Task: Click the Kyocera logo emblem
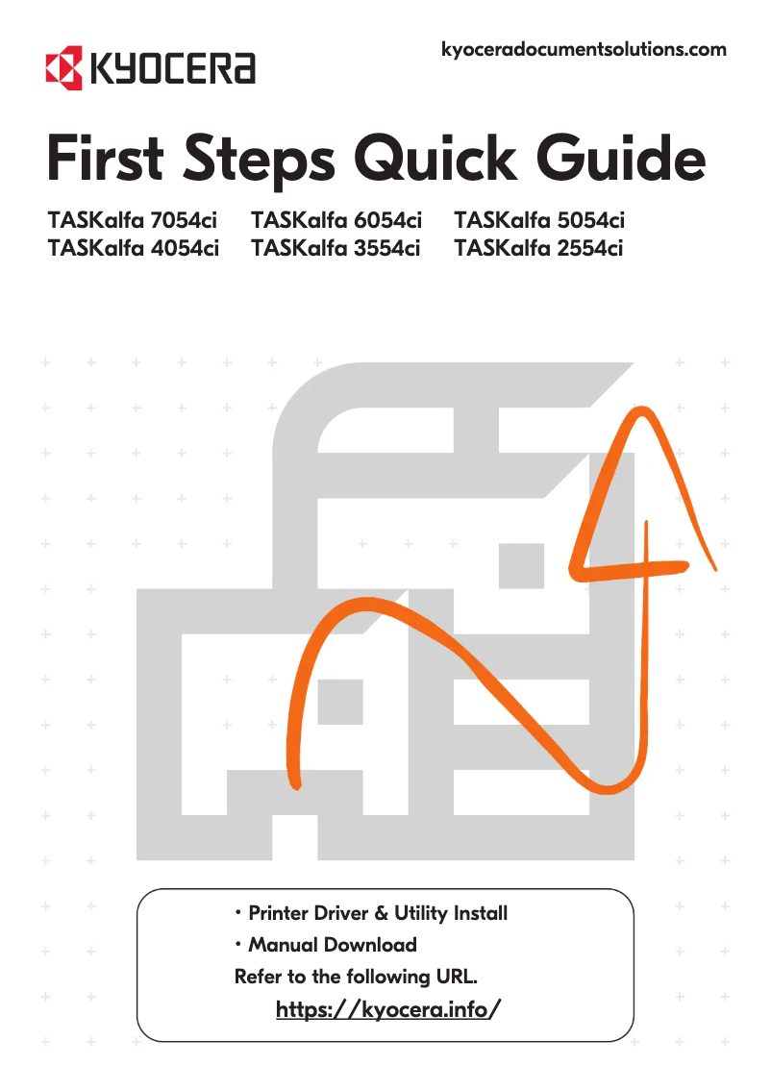pos(63,66)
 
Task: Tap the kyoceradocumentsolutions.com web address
pos(583,49)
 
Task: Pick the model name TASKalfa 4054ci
pos(133,249)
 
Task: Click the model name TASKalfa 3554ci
pos(336,249)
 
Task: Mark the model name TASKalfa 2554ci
pos(539,249)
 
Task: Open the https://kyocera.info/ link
pos(388,1010)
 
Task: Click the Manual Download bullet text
pos(332,945)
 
